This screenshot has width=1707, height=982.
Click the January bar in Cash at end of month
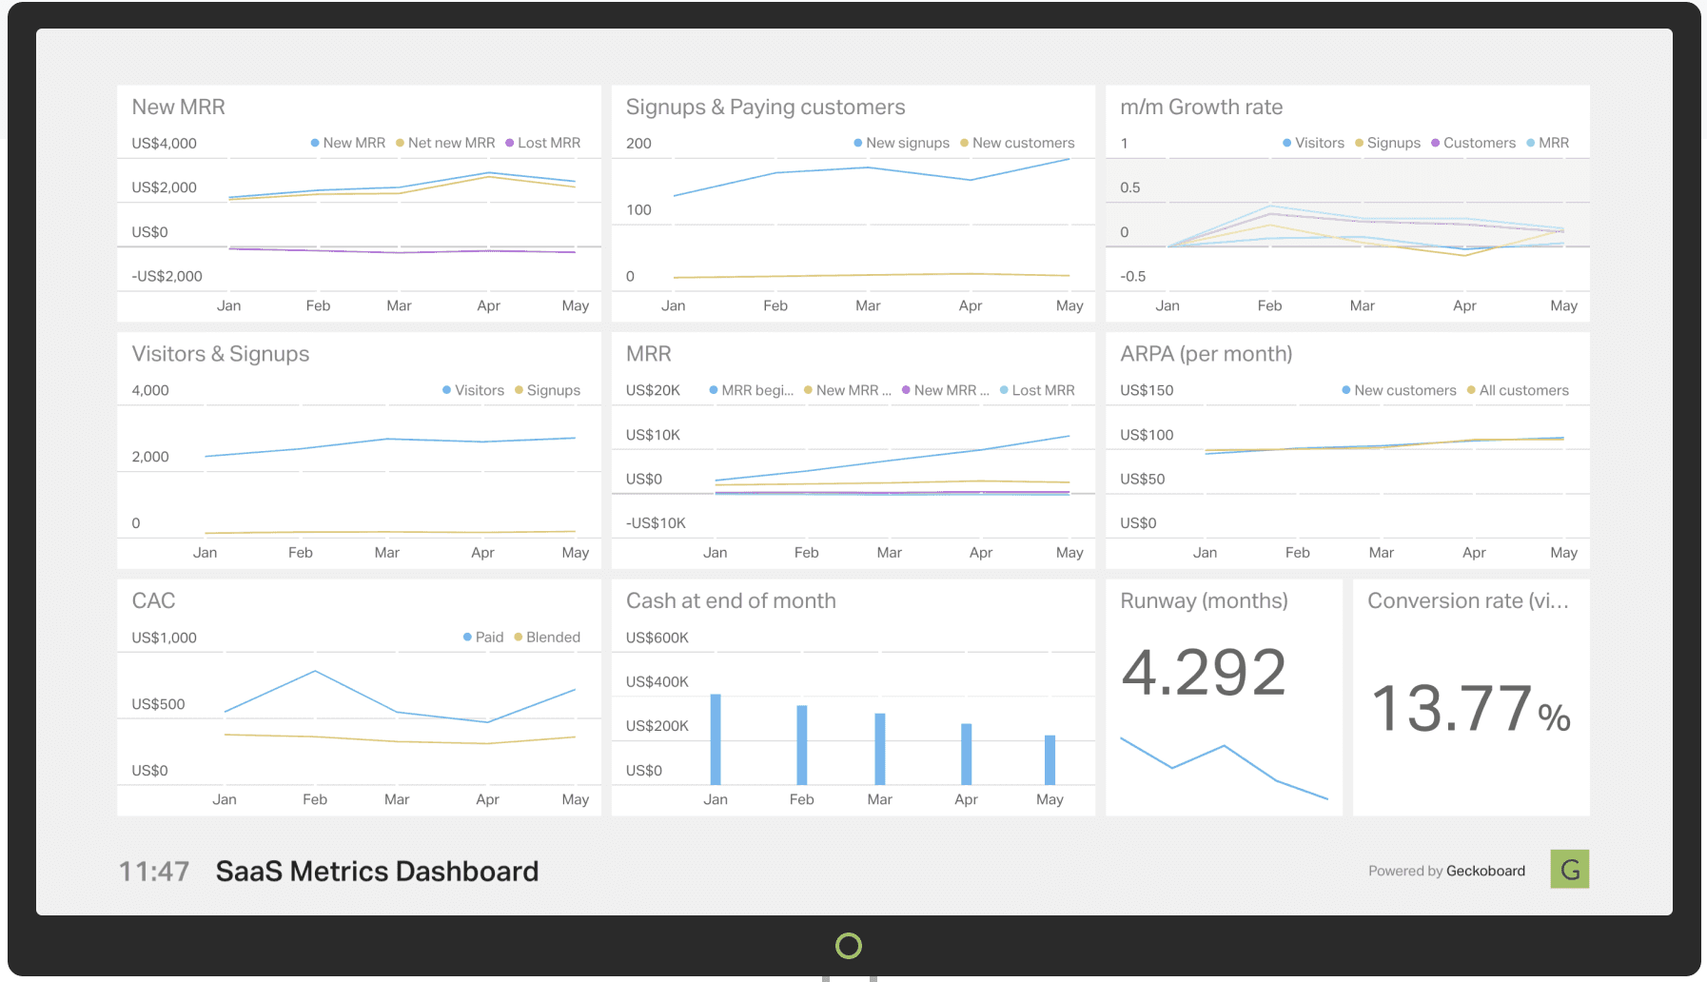tap(716, 739)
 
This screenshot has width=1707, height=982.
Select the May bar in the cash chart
tap(1050, 759)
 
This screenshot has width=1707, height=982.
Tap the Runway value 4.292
tap(1204, 673)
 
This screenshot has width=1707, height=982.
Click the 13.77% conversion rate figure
tap(1470, 709)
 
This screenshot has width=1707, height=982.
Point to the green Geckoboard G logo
tap(1569, 869)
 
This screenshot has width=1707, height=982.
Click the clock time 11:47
tap(154, 872)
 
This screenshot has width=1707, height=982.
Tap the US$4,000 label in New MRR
tap(164, 144)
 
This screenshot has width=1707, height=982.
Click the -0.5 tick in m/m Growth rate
tap(1132, 277)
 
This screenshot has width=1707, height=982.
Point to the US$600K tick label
tap(657, 638)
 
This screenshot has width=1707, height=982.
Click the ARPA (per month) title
tap(1206, 354)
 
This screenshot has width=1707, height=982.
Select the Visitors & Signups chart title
tap(221, 354)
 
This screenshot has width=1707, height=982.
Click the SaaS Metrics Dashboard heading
tap(377, 872)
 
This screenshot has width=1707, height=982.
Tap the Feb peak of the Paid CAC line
tap(315, 672)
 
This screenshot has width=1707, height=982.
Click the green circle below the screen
tap(848, 946)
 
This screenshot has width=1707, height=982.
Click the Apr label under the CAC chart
tap(487, 799)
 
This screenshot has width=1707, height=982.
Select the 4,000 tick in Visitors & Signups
tap(150, 390)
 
